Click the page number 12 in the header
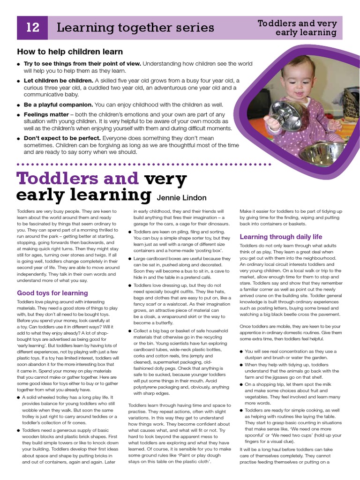tap(32, 28)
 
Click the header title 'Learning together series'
tap(135, 28)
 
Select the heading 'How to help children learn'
tap(70, 52)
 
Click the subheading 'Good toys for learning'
tap(52, 293)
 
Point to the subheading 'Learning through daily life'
tap(281, 237)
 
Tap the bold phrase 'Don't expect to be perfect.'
tap(62, 138)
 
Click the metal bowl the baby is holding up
tap(285, 115)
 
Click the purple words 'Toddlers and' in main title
tap(77, 179)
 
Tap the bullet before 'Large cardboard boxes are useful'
tap(130, 259)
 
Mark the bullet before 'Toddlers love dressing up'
tap(130, 285)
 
